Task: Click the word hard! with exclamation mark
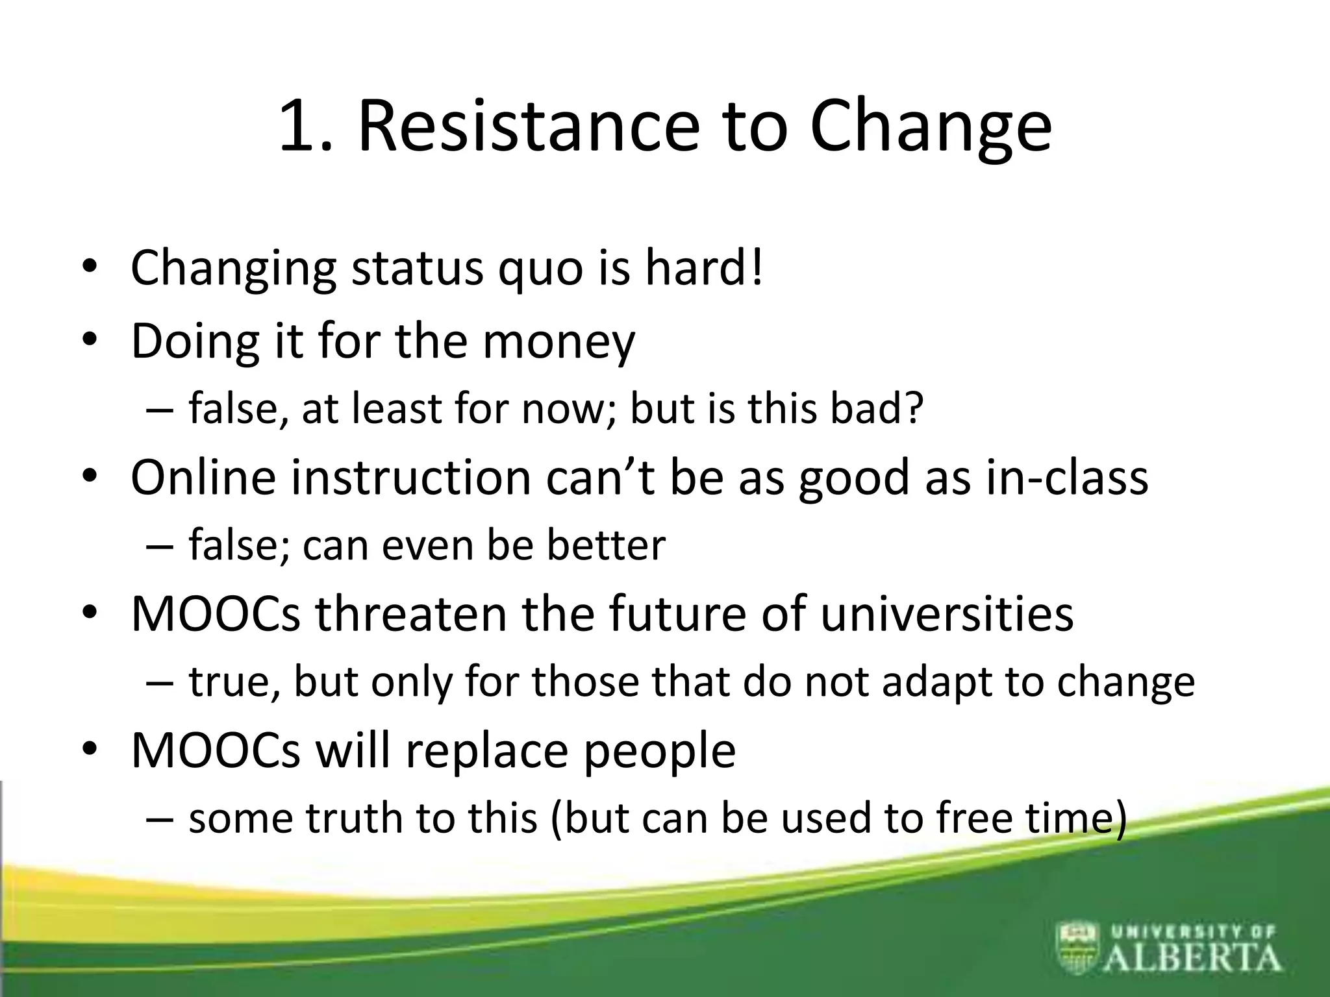704,267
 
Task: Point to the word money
558,342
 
